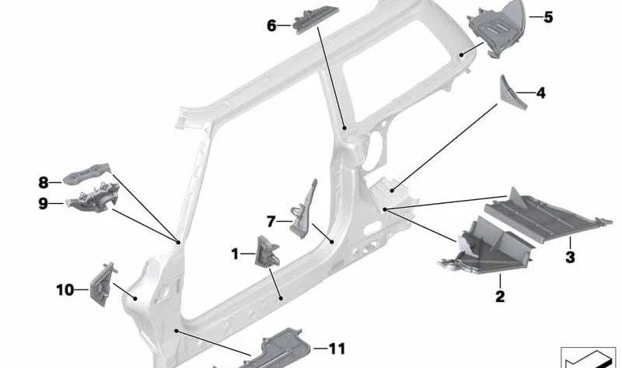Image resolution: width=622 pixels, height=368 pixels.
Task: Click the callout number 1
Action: pyautogui.click(x=235, y=254)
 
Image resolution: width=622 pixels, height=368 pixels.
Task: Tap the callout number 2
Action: pyautogui.click(x=500, y=296)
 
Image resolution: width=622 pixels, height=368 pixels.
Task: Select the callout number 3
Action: pyautogui.click(x=570, y=257)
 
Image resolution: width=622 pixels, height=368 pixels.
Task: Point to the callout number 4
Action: pyautogui.click(x=540, y=93)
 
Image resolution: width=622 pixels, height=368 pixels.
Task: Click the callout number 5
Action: pyautogui.click(x=548, y=17)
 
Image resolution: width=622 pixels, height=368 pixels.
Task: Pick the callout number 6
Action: pyautogui.click(x=271, y=26)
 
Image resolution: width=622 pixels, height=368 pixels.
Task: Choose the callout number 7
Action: pyautogui.click(x=271, y=222)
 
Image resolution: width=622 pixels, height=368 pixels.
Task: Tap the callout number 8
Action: pyautogui.click(x=44, y=183)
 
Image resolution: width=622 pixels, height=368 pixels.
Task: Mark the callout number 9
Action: pyautogui.click(x=43, y=204)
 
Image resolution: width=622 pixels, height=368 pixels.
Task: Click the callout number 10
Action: pyautogui.click(x=65, y=289)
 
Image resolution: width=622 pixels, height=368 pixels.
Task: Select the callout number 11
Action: pyautogui.click(x=337, y=349)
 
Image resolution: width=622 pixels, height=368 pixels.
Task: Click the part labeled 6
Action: pyautogui.click(x=316, y=17)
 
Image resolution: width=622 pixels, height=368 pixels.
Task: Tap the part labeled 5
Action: pyautogui.click(x=497, y=28)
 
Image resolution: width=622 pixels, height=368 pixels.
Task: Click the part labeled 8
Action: pyautogui.click(x=87, y=173)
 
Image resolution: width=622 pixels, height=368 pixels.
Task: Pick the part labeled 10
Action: pyautogui.click(x=103, y=284)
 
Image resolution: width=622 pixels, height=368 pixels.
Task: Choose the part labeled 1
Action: pyautogui.click(x=267, y=251)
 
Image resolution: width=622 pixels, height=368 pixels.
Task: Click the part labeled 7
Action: pyautogui.click(x=303, y=210)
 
